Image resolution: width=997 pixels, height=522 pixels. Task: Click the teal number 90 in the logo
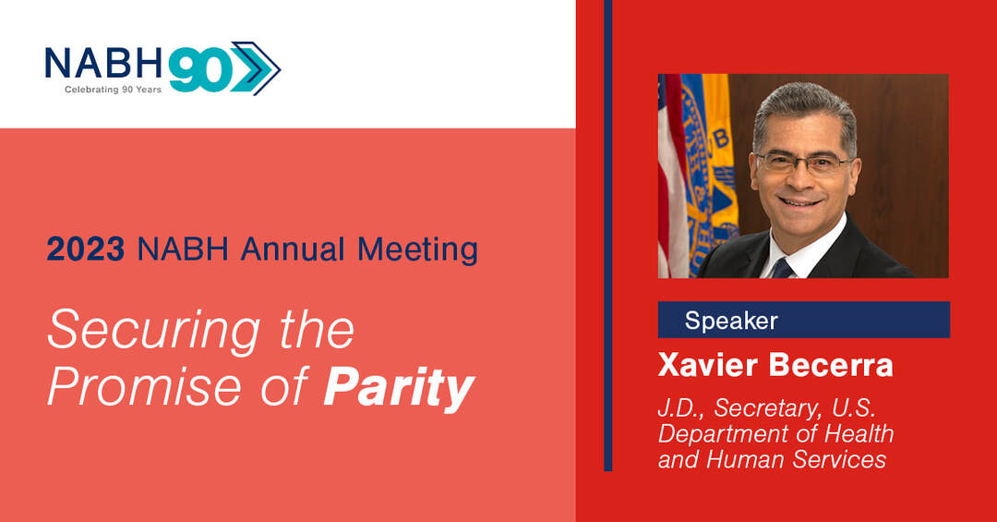tap(198, 69)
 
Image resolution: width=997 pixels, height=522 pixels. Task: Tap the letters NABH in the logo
tap(103, 64)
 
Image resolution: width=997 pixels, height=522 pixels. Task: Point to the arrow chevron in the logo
tap(255, 68)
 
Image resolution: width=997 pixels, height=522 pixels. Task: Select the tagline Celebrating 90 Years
tap(114, 90)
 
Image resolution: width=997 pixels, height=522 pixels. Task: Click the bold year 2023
tap(85, 249)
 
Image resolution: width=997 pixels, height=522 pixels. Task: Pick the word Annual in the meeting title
tap(293, 249)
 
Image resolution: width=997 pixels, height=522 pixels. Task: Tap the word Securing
tap(153, 331)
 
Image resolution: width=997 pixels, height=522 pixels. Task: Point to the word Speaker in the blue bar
tap(731, 321)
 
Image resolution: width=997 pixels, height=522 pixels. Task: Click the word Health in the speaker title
tap(859, 434)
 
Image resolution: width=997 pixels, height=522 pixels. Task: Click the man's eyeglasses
tap(802, 164)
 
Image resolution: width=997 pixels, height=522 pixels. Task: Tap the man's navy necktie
tap(782, 269)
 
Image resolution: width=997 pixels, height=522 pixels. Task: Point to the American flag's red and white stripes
tap(671, 176)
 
